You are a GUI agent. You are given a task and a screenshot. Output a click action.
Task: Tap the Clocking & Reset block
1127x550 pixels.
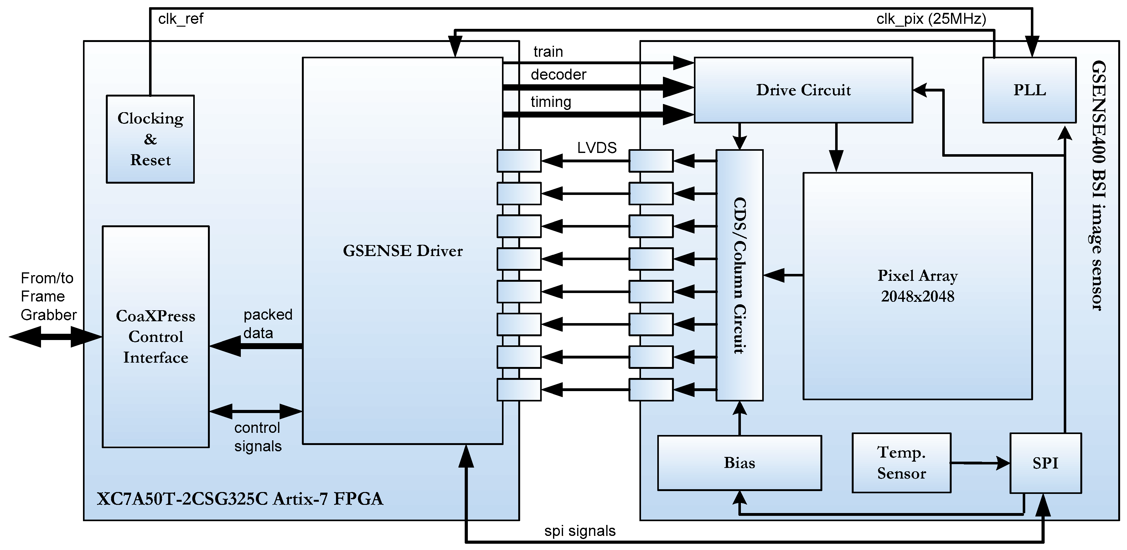point(150,139)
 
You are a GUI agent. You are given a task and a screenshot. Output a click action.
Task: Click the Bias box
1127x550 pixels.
point(739,463)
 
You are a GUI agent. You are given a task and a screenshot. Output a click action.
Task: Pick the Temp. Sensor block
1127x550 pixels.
point(901,463)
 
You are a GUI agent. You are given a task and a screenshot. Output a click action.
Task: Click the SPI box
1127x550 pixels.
point(1045,463)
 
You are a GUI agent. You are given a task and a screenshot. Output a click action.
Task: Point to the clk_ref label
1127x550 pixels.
point(181,19)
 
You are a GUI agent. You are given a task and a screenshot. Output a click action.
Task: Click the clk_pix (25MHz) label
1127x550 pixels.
point(931,19)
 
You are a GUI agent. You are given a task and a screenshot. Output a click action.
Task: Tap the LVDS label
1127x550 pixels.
point(597,148)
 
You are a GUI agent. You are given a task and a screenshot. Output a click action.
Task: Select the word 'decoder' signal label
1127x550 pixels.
point(558,75)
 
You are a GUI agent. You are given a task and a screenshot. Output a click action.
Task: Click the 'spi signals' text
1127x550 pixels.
point(580,531)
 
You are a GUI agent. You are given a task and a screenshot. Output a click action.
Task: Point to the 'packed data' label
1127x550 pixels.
point(267,324)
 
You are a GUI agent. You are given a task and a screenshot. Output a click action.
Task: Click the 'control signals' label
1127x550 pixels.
point(257,437)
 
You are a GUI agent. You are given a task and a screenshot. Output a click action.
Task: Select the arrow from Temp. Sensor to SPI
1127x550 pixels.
point(980,463)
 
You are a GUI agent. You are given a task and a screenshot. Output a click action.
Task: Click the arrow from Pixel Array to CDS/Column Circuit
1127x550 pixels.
point(783,275)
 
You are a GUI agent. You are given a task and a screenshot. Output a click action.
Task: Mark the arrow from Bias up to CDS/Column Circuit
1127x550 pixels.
point(739,418)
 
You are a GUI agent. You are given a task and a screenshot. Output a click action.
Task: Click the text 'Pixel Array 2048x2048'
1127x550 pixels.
point(918,285)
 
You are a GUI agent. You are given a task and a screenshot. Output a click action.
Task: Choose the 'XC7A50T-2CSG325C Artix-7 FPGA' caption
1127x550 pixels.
point(240,499)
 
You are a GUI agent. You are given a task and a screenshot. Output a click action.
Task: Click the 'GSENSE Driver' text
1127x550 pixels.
point(402,250)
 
